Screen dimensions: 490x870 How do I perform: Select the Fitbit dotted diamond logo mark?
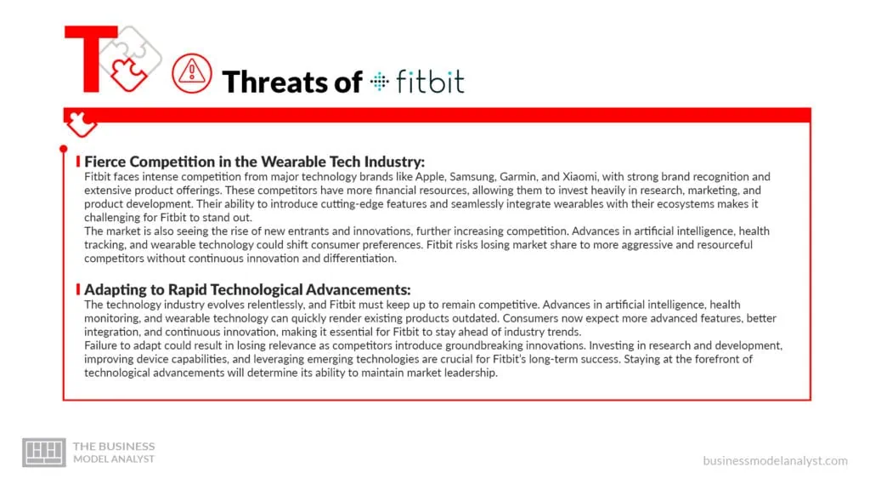[379, 82]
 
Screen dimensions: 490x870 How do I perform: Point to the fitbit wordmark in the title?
[429, 82]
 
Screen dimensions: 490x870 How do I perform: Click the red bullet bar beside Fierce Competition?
[78, 162]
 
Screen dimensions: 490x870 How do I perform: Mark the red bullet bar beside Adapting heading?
[78, 289]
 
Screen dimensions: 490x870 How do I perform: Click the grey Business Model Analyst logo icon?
[43, 452]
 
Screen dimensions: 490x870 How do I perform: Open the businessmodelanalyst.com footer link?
[774, 460]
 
